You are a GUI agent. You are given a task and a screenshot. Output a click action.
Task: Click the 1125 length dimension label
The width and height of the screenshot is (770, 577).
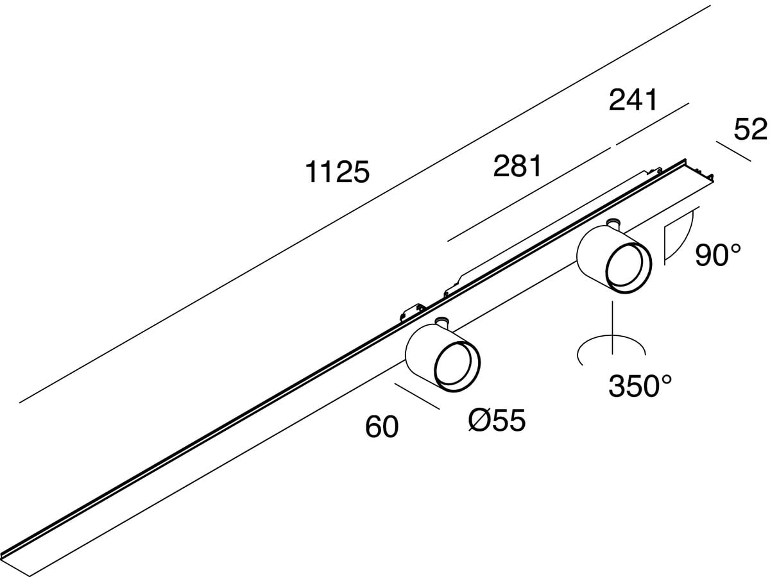(x=338, y=173)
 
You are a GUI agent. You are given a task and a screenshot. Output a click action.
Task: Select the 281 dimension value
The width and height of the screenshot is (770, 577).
(x=517, y=167)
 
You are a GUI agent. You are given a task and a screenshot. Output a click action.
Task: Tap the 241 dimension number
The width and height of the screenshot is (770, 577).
(x=633, y=101)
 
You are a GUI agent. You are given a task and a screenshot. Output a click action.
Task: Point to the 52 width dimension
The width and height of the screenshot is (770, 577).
(x=750, y=130)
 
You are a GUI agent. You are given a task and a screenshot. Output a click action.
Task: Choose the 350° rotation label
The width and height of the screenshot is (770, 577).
(x=640, y=387)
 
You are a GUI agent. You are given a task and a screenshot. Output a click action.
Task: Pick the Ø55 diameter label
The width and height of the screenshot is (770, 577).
(x=497, y=421)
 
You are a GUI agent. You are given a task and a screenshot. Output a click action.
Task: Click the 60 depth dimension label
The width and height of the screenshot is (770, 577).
(x=382, y=427)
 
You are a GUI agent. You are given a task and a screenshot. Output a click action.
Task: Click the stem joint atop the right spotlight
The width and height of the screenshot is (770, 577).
(x=613, y=223)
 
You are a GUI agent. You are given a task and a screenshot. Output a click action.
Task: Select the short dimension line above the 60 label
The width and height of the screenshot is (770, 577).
(x=417, y=396)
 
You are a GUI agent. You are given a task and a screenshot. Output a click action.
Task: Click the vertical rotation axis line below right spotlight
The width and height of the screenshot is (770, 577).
(x=613, y=327)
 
